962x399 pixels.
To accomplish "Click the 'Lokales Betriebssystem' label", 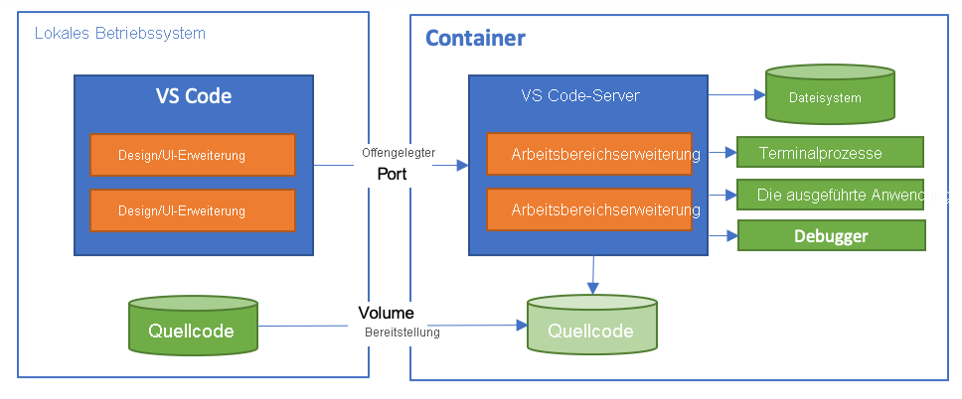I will [x=119, y=34].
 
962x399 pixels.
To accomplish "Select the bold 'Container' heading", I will [x=475, y=39].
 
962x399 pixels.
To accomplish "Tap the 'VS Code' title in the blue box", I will [x=193, y=96].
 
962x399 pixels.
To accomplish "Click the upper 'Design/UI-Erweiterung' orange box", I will [x=192, y=154].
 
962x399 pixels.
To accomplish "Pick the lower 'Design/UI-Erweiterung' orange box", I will [x=192, y=209].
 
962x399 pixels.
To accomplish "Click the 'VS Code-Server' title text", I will [x=579, y=96].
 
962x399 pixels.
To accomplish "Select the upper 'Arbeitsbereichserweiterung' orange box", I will [x=590, y=154].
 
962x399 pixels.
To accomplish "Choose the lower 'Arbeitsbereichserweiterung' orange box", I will [x=590, y=209].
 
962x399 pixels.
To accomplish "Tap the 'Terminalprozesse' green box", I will [x=830, y=153].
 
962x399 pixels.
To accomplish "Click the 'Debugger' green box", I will [x=830, y=236].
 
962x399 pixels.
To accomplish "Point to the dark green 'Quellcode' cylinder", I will [x=194, y=329].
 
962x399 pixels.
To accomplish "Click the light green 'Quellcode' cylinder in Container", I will [x=590, y=331].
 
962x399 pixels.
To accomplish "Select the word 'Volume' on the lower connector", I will [x=387, y=313].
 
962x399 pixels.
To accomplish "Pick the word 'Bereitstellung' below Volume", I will [x=401, y=332].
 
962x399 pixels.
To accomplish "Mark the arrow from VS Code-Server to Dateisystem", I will [x=735, y=96].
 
